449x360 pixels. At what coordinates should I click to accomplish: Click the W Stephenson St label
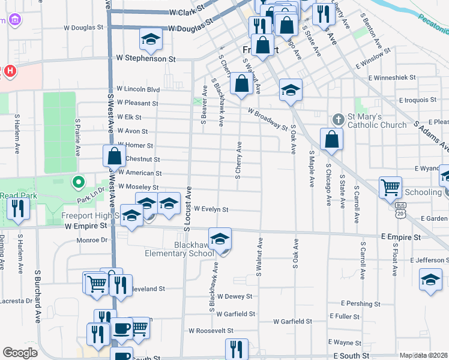[146, 59]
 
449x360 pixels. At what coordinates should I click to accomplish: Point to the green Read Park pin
[77, 181]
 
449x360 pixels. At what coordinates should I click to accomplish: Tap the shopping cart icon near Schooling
[390, 187]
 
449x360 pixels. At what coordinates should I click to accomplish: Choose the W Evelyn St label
[211, 209]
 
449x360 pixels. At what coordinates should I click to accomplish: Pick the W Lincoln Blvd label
[138, 89]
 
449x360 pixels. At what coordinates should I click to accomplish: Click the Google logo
[20, 353]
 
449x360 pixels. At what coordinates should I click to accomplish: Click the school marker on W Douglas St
[151, 40]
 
